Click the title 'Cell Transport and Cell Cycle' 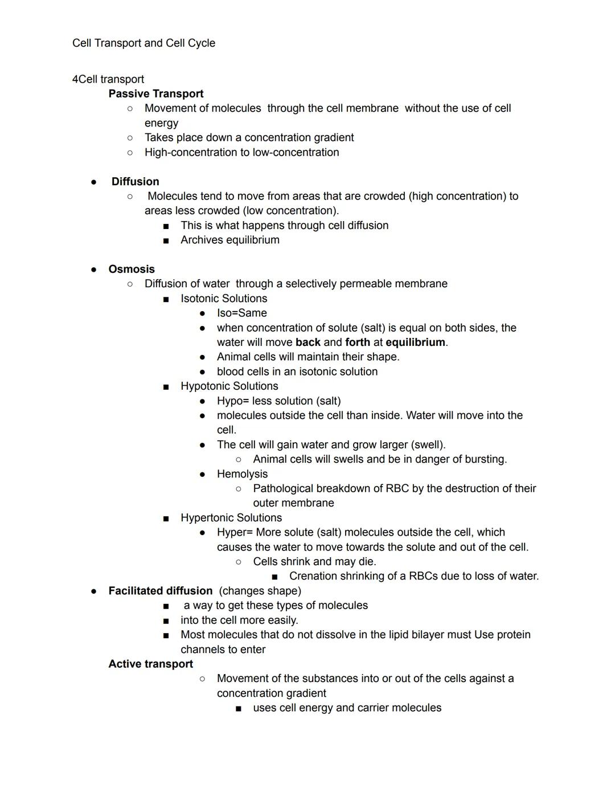(143, 43)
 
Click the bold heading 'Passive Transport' (155, 93)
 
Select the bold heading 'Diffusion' (135, 181)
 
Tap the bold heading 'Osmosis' (132, 269)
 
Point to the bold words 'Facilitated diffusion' (160, 591)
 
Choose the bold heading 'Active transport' (150, 664)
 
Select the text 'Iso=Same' (241, 313)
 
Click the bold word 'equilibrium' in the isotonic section (415, 342)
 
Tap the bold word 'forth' (357, 342)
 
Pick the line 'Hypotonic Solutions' (229, 386)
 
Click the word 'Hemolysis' (242, 474)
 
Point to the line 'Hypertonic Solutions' (231, 518)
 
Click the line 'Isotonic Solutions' (224, 299)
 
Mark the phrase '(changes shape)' (260, 591)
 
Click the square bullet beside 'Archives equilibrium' (166, 240)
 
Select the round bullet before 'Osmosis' (93, 270)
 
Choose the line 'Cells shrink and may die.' (314, 561)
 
